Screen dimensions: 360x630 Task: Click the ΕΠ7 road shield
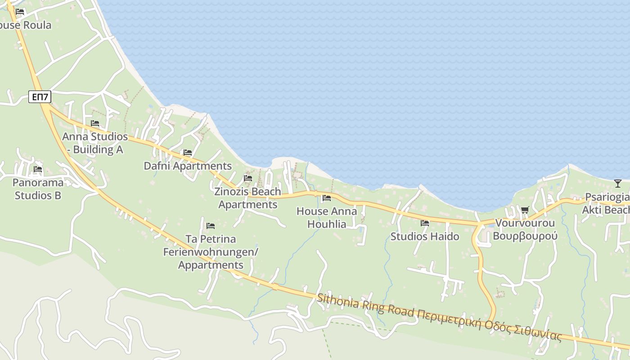(40, 96)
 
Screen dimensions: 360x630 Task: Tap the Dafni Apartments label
(187, 166)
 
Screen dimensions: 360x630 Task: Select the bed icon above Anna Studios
(95, 123)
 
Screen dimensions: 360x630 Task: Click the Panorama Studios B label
(38, 189)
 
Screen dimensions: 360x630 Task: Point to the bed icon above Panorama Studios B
(38, 170)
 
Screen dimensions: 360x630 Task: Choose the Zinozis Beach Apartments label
(247, 198)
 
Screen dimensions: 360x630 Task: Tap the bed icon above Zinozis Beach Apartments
(248, 178)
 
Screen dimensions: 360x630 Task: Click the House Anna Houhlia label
(327, 217)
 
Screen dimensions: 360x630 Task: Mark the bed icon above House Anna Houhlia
(327, 198)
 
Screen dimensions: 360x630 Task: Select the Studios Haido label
(425, 236)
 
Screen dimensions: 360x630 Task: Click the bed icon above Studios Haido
(425, 223)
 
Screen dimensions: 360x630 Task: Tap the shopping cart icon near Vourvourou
(525, 210)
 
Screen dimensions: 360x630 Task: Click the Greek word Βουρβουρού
(525, 236)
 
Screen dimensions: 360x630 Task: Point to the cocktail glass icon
(617, 183)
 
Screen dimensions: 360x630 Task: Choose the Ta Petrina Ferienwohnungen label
(211, 252)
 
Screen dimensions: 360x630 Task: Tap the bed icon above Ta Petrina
(211, 225)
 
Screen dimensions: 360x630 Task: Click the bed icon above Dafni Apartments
(188, 153)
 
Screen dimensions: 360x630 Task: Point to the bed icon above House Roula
(20, 12)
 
